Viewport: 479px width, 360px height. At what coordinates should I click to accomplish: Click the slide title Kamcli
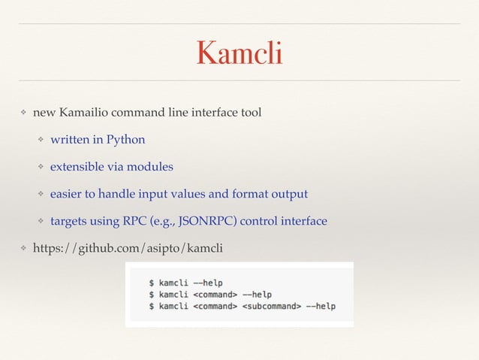click(239, 53)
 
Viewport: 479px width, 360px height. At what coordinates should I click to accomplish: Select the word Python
click(125, 140)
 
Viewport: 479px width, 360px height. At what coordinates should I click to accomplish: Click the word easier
click(66, 194)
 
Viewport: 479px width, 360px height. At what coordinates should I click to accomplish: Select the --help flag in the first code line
click(194, 283)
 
